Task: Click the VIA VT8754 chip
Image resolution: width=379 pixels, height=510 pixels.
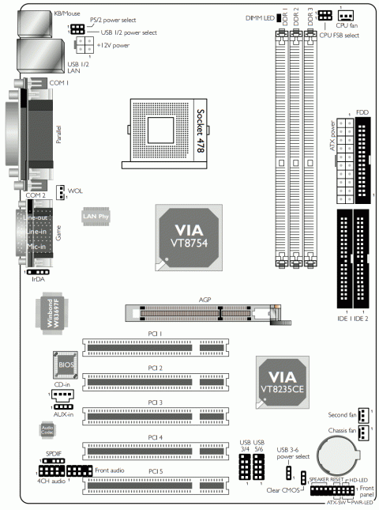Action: point(182,237)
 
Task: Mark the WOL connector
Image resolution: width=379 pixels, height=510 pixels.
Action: point(59,191)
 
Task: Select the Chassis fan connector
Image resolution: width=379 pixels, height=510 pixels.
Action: point(362,433)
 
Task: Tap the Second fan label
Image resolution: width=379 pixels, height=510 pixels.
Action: point(340,414)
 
